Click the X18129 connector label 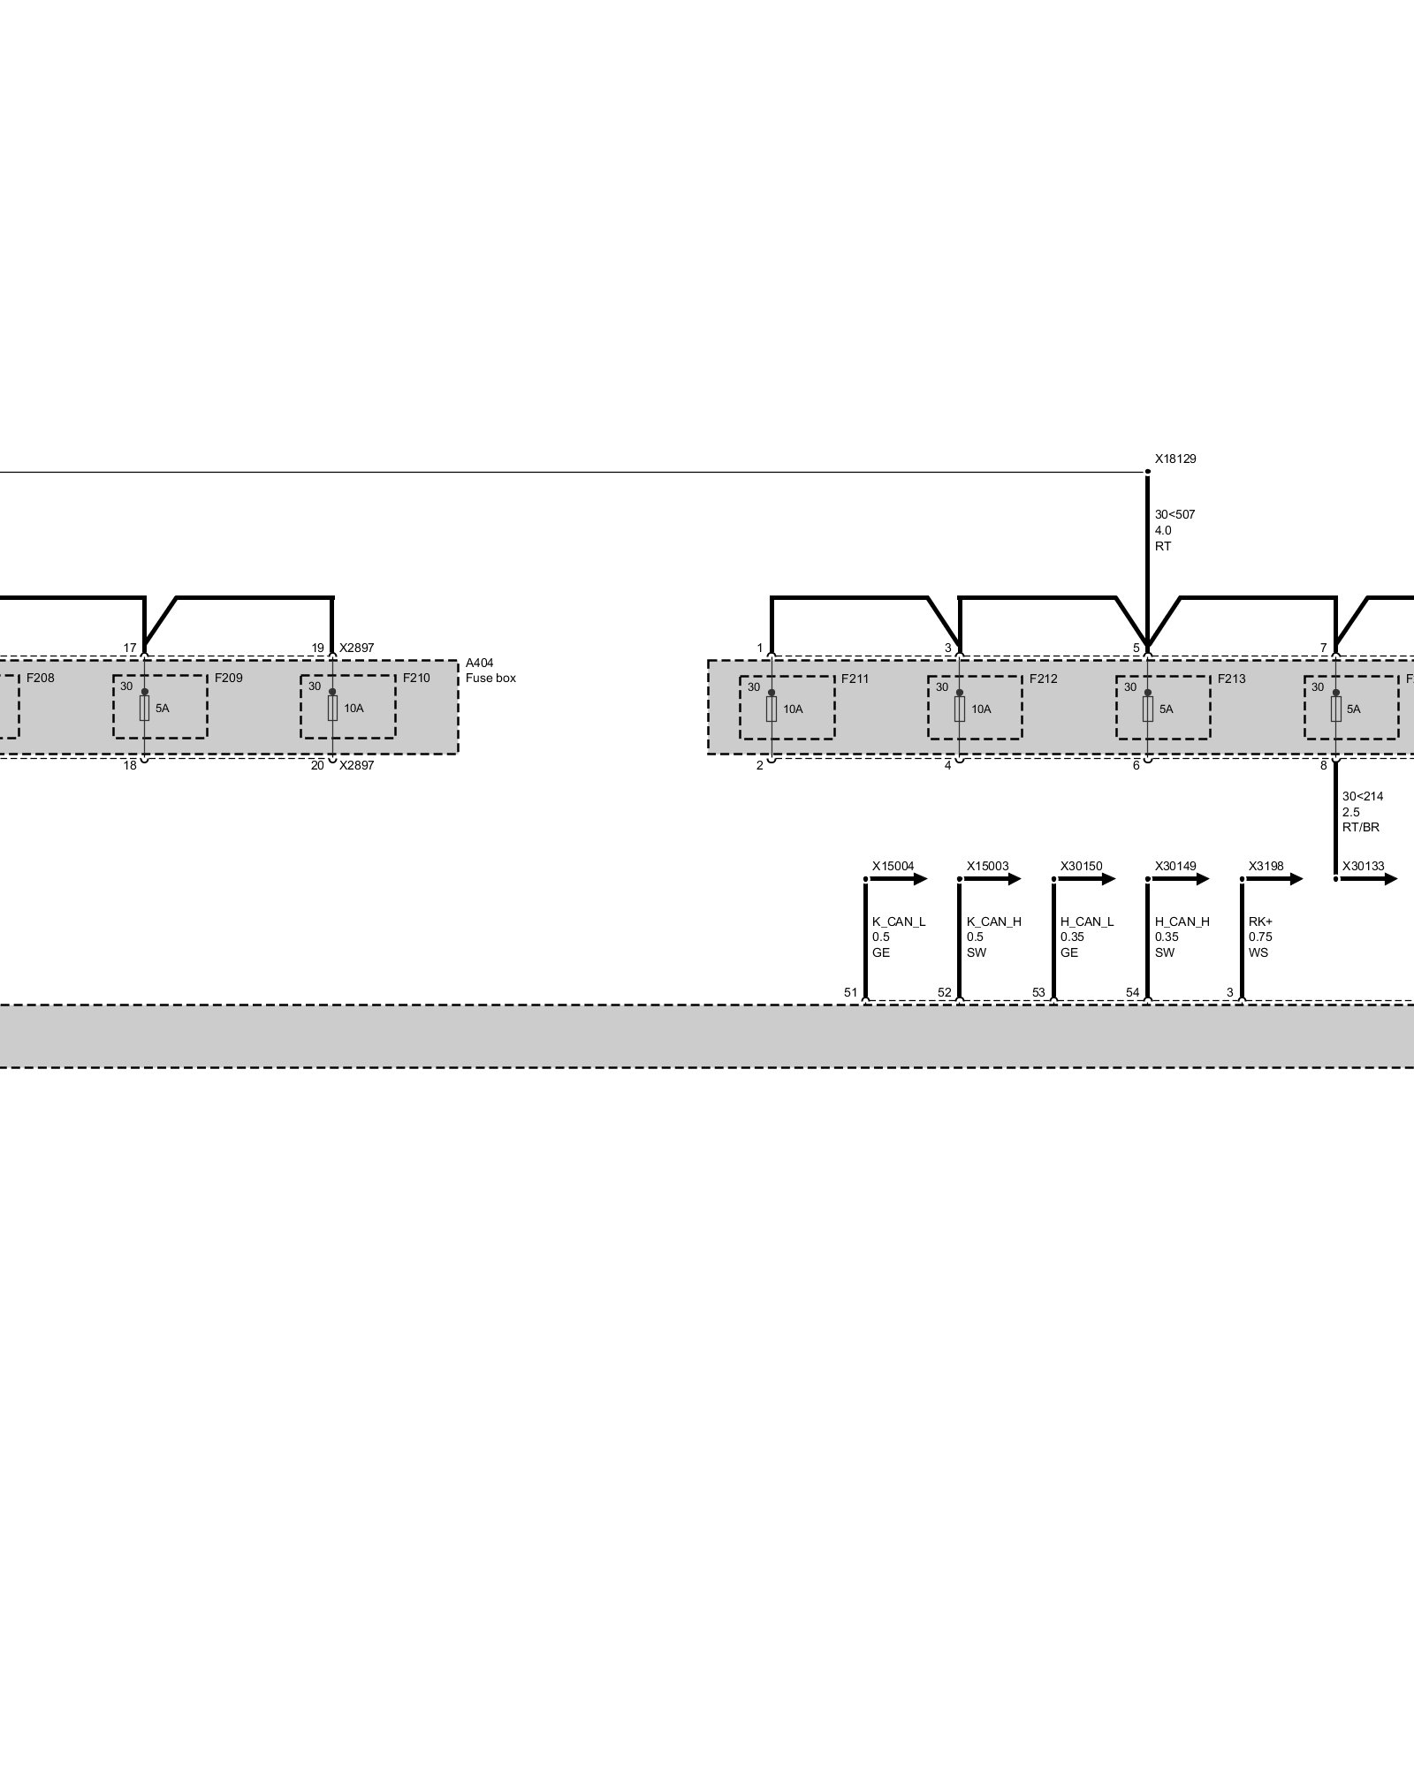coord(1175,459)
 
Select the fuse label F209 coord(228,679)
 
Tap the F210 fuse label coord(416,679)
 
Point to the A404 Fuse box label coord(490,671)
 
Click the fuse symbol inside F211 coord(772,709)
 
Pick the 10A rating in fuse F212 coord(981,709)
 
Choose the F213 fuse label coord(1231,679)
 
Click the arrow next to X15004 coord(910,879)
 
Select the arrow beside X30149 coord(1192,879)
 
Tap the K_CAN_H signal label coord(993,921)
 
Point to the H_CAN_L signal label coord(1087,921)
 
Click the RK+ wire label coord(1260,921)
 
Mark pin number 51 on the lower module coord(850,993)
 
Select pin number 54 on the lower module coord(1132,993)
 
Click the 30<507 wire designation coord(1175,514)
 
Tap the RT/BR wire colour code coord(1360,828)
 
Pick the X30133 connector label coord(1363,867)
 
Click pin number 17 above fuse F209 coord(130,648)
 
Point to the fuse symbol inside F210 coord(332,708)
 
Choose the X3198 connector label coord(1266,867)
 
